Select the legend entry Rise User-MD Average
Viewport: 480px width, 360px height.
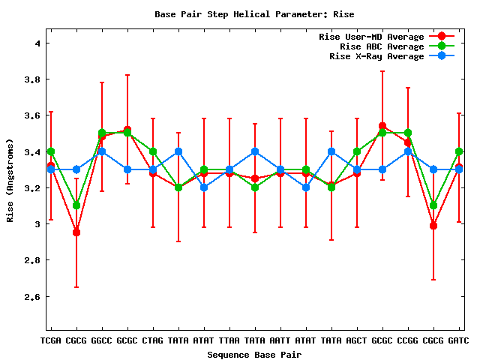(x=371, y=37)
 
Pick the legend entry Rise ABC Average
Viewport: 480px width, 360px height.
(x=382, y=46)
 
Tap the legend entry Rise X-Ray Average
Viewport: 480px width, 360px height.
(x=376, y=56)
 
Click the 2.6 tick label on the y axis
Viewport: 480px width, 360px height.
(x=32, y=296)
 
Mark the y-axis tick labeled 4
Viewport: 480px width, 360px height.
(x=37, y=43)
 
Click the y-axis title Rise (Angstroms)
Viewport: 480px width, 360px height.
(x=10, y=179)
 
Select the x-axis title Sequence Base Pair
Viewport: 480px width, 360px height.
(x=254, y=354)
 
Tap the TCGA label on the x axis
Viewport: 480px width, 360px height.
(x=51, y=341)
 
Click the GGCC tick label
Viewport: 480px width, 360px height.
(x=102, y=341)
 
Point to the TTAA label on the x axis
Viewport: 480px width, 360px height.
(x=229, y=341)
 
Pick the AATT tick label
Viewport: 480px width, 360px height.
(x=280, y=341)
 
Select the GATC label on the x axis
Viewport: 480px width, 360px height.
(x=458, y=341)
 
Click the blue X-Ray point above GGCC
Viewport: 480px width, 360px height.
(x=102, y=151)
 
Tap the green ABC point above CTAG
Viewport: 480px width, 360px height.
(x=153, y=151)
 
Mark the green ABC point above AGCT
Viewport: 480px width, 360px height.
(x=357, y=151)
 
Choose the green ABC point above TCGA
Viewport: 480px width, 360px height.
(x=51, y=151)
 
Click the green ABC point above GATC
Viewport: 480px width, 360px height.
(x=459, y=151)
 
